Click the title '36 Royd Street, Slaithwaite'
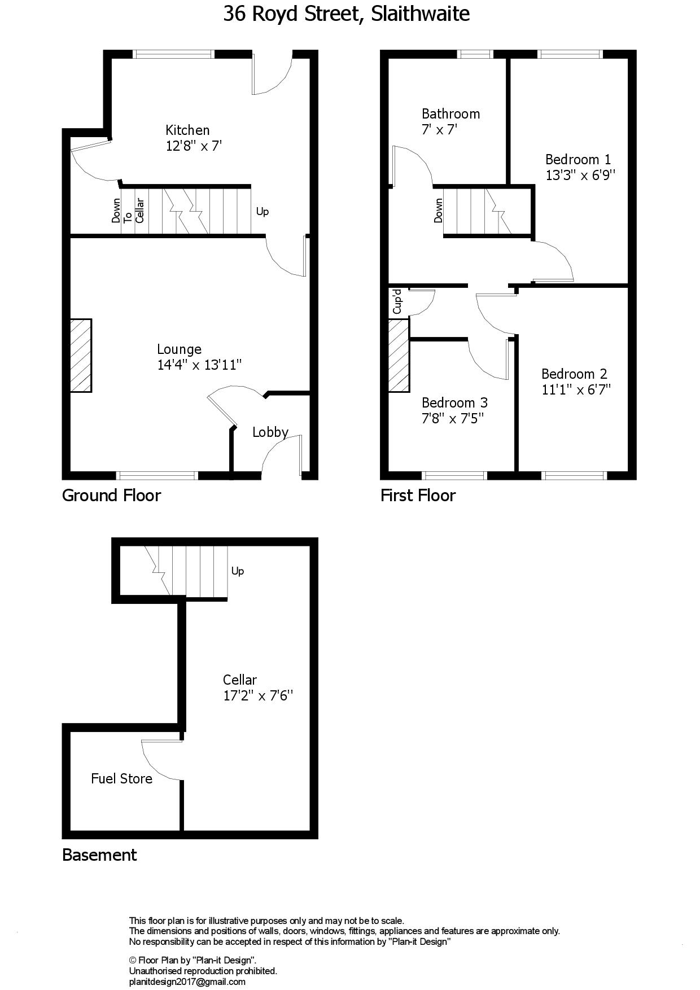click(346, 14)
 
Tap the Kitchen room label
click(187, 130)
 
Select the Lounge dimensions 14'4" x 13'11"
click(199, 365)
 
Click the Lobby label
click(270, 432)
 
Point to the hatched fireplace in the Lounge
click(81, 356)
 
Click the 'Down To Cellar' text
click(128, 211)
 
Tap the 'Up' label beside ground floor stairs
click(262, 212)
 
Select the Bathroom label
click(450, 114)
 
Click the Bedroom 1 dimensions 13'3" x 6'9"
click(580, 175)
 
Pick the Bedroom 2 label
click(574, 374)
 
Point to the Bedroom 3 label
click(454, 402)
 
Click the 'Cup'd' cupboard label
click(397, 301)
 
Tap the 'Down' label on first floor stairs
click(439, 211)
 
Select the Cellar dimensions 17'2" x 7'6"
click(258, 696)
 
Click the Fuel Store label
click(121, 779)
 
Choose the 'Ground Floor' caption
click(111, 496)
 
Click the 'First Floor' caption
click(418, 496)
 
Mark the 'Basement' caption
click(99, 855)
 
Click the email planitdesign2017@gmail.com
click(187, 982)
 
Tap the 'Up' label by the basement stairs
click(238, 571)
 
